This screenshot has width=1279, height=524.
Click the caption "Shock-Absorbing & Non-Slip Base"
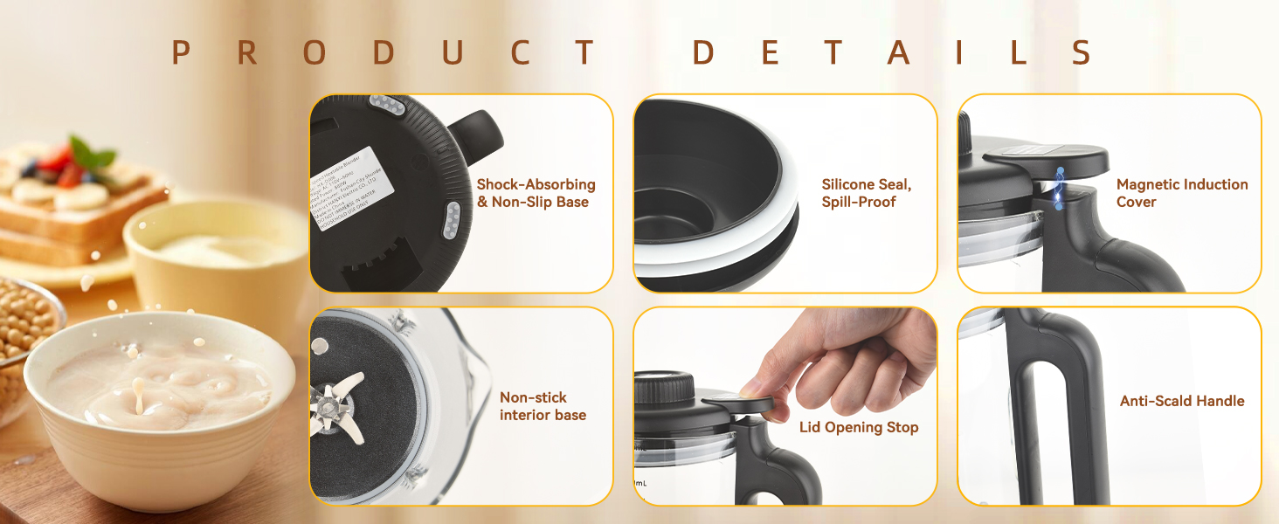point(536,193)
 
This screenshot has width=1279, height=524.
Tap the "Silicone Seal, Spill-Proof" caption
point(866,193)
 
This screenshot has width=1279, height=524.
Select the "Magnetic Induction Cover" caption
point(1181,193)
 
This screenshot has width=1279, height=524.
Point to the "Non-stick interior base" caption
point(543,406)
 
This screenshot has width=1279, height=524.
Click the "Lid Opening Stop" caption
point(859,427)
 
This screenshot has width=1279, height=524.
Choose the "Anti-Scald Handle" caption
point(1181,401)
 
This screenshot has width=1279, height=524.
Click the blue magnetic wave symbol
point(1059,188)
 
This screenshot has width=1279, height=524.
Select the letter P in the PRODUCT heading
point(181,53)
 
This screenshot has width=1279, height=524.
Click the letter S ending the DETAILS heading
point(1081,53)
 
